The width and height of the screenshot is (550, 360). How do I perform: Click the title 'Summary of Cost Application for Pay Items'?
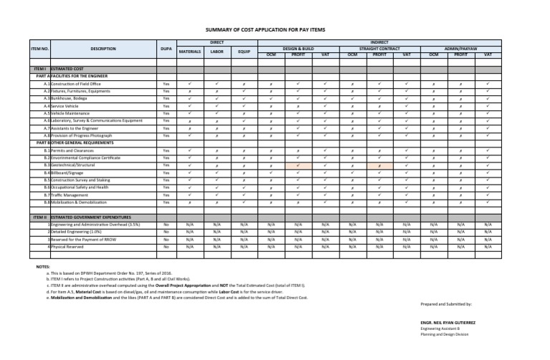click(274, 29)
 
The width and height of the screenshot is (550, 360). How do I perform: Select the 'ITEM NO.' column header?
click(40, 49)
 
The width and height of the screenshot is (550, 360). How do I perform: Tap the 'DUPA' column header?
click(166, 49)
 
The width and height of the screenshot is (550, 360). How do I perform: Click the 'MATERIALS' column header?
click(190, 52)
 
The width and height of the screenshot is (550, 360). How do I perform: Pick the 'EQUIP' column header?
click(243, 52)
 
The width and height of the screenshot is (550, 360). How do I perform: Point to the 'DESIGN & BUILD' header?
click(298, 48)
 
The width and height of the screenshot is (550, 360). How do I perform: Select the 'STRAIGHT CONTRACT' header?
click(379, 48)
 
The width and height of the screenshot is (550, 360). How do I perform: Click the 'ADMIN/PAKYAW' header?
click(460, 48)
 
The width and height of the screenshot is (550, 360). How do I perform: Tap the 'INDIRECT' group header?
click(379, 42)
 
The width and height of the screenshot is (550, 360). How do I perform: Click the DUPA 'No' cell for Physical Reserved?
click(166, 246)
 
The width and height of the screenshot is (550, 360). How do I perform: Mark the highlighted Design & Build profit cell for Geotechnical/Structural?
click(298, 165)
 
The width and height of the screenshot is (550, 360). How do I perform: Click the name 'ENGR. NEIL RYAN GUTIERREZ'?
click(448, 323)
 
